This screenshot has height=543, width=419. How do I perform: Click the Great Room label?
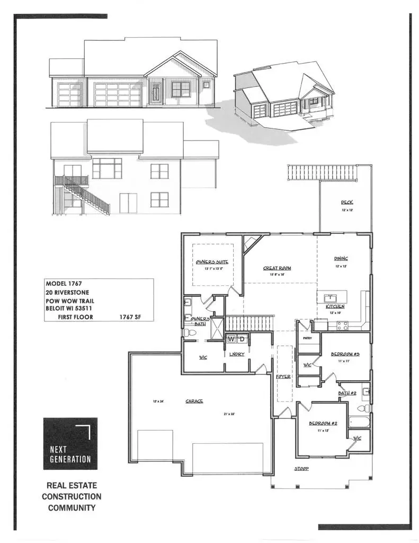(277, 268)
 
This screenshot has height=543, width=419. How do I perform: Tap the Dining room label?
(341, 259)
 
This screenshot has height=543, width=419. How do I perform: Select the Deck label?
(347, 203)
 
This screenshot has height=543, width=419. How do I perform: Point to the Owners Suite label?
(212, 262)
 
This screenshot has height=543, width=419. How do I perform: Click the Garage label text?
(194, 401)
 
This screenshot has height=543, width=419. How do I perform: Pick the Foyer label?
(283, 376)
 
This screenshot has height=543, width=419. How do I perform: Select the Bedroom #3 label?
(345, 354)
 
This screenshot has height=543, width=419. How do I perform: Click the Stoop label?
(301, 469)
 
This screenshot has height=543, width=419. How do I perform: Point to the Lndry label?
(236, 354)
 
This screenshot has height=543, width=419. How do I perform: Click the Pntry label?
(306, 337)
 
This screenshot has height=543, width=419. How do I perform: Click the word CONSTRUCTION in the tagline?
(72, 497)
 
